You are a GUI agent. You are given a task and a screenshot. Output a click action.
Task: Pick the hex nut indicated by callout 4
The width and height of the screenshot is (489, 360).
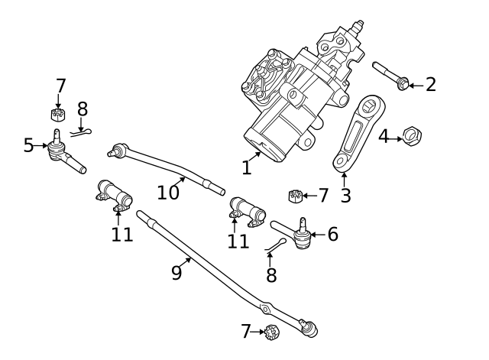[x=413, y=137]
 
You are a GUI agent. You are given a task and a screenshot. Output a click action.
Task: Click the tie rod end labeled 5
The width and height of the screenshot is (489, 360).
[x=62, y=153]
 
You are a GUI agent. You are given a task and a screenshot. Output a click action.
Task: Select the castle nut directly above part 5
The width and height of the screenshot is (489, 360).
[x=56, y=115]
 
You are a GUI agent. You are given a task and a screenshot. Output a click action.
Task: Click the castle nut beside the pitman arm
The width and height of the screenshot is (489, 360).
[x=294, y=196]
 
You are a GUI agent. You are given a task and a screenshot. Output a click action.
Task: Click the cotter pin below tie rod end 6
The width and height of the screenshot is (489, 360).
[x=277, y=244]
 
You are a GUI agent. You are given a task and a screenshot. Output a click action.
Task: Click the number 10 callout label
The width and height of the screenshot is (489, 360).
[x=168, y=193]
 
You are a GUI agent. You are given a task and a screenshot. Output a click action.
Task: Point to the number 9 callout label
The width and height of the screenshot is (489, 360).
[x=176, y=272]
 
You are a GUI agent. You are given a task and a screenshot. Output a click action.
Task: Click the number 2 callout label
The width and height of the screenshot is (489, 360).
[x=431, y=85]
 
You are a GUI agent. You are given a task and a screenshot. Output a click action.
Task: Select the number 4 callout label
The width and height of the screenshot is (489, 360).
[x=384, y=137]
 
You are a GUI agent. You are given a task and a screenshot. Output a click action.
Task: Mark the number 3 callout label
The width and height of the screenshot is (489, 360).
[x=345, y=196]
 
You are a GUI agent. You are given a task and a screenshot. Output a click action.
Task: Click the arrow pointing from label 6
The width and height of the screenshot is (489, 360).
[x=318, y=235]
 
